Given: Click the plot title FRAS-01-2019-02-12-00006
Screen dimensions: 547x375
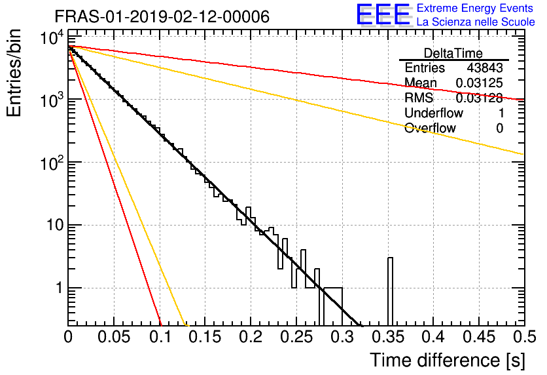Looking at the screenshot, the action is click(162, 16).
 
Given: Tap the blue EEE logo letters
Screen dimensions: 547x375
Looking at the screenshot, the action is click(383, 14).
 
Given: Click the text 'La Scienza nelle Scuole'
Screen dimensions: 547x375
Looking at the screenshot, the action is click(476, 22).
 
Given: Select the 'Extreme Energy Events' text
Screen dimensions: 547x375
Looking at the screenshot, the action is click(475, 8).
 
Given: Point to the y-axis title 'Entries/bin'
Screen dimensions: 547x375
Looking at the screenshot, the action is click(14, 73).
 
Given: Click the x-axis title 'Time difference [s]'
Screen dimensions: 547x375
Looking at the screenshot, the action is click(448, 361).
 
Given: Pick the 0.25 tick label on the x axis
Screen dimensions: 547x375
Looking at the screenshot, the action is click(296, 337).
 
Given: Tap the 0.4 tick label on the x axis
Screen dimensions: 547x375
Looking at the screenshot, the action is click(433, 337).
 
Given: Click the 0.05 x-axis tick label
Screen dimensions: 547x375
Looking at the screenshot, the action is click(114, 337).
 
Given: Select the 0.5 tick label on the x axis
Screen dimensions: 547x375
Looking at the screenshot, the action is click(524, 337).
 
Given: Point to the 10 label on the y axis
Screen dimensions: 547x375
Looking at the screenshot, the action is click(56, 225).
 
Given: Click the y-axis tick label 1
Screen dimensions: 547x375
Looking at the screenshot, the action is click(60, 288).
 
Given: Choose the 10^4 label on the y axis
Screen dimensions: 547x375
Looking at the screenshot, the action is click(52, 38).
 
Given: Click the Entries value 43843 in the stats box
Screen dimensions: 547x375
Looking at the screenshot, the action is click(485, 68).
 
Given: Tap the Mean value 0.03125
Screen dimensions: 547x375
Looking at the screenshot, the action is click(479, 83).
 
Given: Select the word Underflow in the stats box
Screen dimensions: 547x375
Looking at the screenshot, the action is click(434, 113).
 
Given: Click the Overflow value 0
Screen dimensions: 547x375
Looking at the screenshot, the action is click(499, 128).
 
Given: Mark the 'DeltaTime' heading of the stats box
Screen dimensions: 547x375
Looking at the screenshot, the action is click(453, 53).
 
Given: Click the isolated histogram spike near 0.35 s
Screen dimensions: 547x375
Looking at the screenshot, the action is click(390, 292).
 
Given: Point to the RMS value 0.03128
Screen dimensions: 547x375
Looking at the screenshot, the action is click(479, 98).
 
